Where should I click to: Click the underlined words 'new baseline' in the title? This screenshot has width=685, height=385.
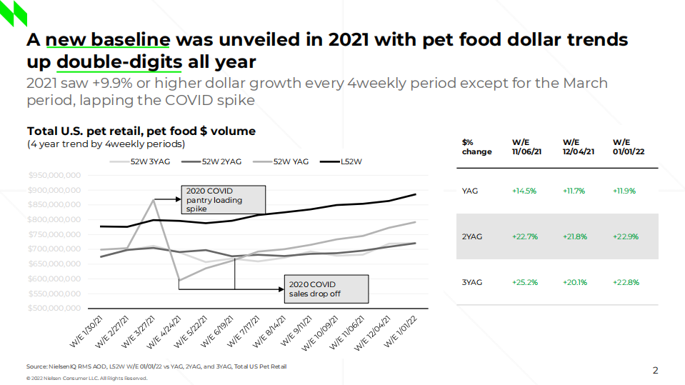coord(109,39)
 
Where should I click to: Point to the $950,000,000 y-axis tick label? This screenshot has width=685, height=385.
coord(55,175)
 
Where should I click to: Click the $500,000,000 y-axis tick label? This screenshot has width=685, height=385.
coord(55,308)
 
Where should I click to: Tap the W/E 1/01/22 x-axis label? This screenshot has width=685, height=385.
coord(401,331)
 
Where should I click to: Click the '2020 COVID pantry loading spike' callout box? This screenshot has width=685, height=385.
coord(222,200)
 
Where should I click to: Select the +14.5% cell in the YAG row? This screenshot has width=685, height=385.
coord(524,191)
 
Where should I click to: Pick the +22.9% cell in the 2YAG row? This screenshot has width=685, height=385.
coord(625,236)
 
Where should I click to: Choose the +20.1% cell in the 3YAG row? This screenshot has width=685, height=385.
coord(574,282)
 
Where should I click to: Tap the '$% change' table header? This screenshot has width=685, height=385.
coord(477,146)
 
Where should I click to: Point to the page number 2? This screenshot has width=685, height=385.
coord(655,370)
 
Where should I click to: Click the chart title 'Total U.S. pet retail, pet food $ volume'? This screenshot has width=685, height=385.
coord(141,131)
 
